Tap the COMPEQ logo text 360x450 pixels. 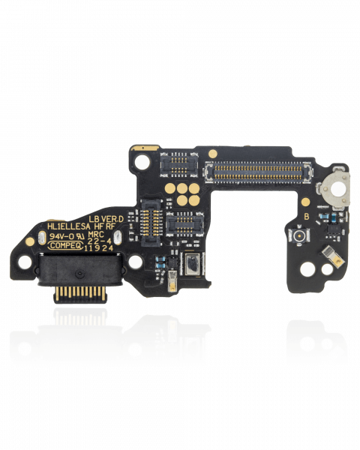click(x=65, y=244)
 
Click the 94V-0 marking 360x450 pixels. click(x=62, y=235)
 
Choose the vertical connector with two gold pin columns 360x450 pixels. click(x=151, y=220)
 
